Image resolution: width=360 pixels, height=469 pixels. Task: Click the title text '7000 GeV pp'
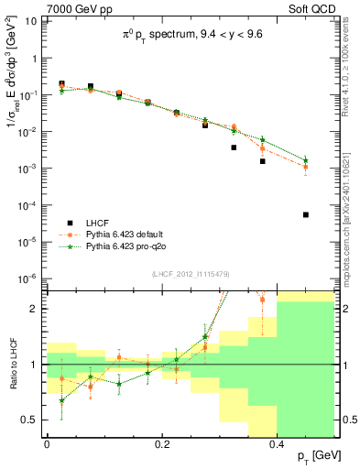[74, 10]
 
